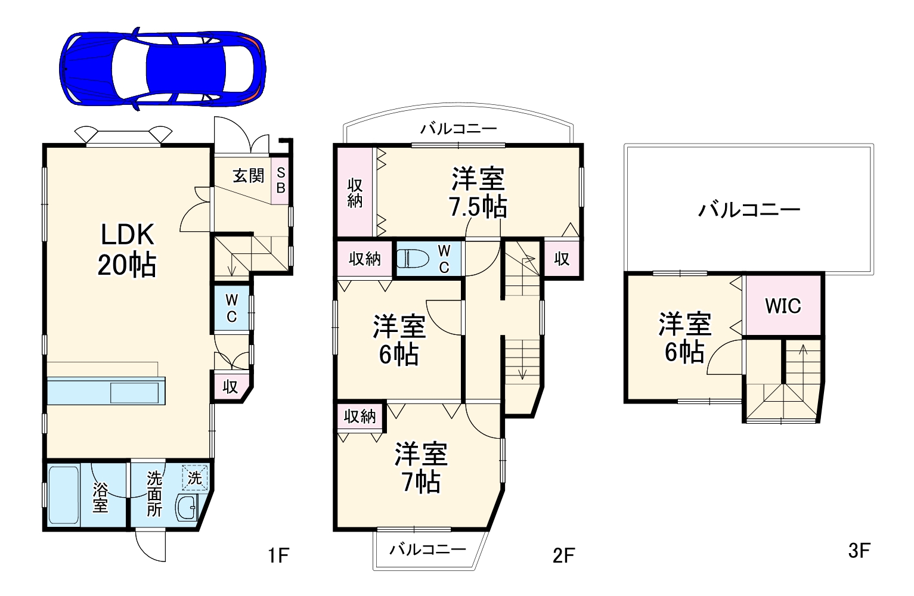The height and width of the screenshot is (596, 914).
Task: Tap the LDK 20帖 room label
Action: click(127, 249)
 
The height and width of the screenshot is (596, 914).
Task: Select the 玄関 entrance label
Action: click(248, 176)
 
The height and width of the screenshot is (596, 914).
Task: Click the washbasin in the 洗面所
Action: click(189, 508)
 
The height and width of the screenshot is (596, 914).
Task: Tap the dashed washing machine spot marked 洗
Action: click(196, 477)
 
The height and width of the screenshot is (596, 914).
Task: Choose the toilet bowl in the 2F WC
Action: click(412, 258)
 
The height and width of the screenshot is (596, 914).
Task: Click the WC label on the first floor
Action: click(232, 308)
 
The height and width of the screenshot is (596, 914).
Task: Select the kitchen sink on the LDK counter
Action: click(134, 393)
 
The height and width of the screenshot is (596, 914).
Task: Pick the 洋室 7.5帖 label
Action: click(478, 193)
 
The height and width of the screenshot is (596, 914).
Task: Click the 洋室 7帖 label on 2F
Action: click(421, 468)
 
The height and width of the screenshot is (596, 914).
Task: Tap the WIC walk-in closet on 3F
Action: click(783, 306)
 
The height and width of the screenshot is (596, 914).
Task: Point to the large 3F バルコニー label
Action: click(749, 210)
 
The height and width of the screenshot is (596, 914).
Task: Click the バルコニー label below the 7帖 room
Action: click(427, 549)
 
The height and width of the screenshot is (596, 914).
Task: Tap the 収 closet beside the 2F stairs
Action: click(562, 259)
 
